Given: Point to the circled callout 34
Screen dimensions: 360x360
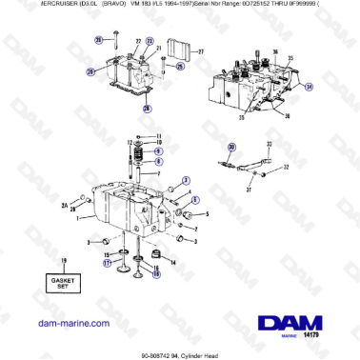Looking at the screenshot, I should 308,85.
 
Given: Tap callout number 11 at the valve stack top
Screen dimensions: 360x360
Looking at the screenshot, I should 160,134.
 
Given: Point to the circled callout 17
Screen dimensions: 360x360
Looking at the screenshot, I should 108,263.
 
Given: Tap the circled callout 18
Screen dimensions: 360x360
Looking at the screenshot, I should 157,273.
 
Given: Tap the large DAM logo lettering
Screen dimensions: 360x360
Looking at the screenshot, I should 288,297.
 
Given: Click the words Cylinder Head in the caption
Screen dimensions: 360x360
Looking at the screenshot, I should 203,353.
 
